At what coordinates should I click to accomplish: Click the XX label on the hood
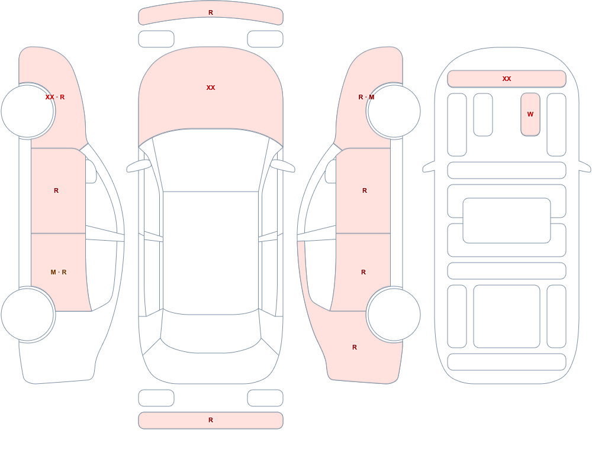pyautogui.click(x=211, y=88)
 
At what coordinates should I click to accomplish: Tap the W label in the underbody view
pyautogui.click(x=530, y=114)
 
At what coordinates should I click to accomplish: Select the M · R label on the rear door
pyautogui.click(x=59, y=272)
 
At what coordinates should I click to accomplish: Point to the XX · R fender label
pyautogui.click(x=54, y=97)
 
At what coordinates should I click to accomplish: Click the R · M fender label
pyautogui.click(x=366, y=97)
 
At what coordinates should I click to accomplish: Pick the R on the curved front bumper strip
pyautogui.click(x=211, y=12)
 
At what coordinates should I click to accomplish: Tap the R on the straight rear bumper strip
pyautogui.click(x=211, y=420)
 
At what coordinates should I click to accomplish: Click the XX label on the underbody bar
pyautogui.click(x=507, y=79)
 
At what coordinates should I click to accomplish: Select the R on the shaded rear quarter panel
pyautogui.click(x=355, y=347)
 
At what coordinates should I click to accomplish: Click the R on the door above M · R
pyautogui.click(x=56, y=190)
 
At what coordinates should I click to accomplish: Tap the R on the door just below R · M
pyautogui.click(x=365, y=190)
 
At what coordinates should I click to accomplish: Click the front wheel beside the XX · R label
pyautogui.click(x=28, y=111)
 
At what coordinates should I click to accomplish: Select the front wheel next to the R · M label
pyautogui.click(x=394, y=111)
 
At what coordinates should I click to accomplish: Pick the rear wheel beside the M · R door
pyautogui.click(x=28, y=315)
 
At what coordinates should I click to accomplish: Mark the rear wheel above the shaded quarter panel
pyautogui.click(x=394, y=315)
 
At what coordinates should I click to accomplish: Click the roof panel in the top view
pyautogui.click(x=211, y=252)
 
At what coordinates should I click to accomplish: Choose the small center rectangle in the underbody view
pyautogui.click(x=507, y=221)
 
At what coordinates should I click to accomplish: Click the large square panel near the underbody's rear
pyautogui.click(x=507, y=316)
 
